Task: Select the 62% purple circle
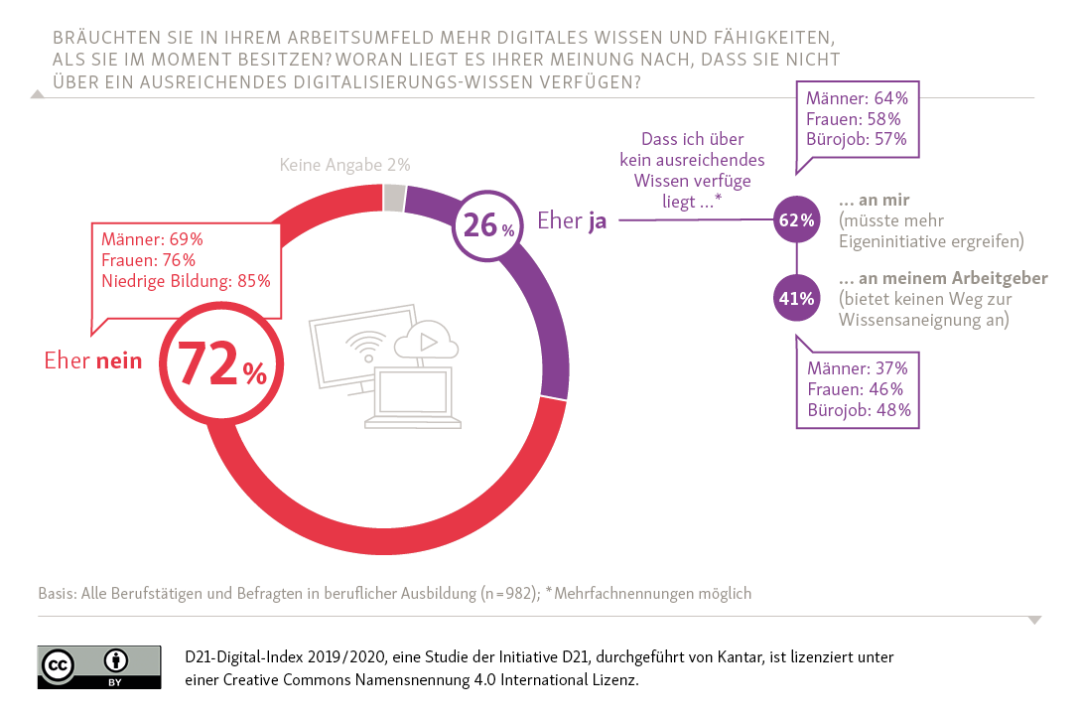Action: click(796, 220)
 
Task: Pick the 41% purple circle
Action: click(796, 298)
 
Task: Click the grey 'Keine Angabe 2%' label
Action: click(344, 165)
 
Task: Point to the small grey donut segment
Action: click(394, 198)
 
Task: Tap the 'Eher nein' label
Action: click(93, 360)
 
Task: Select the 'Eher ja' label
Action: click(572, 220)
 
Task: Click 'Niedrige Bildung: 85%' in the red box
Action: click(187, 281)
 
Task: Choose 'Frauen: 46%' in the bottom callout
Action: click(855, 388)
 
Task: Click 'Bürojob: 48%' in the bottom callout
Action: click(858, 409)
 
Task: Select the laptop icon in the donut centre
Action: click(410, 399)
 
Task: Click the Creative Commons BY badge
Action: click(99, 666)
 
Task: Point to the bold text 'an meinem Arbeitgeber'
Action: click(942, 278)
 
